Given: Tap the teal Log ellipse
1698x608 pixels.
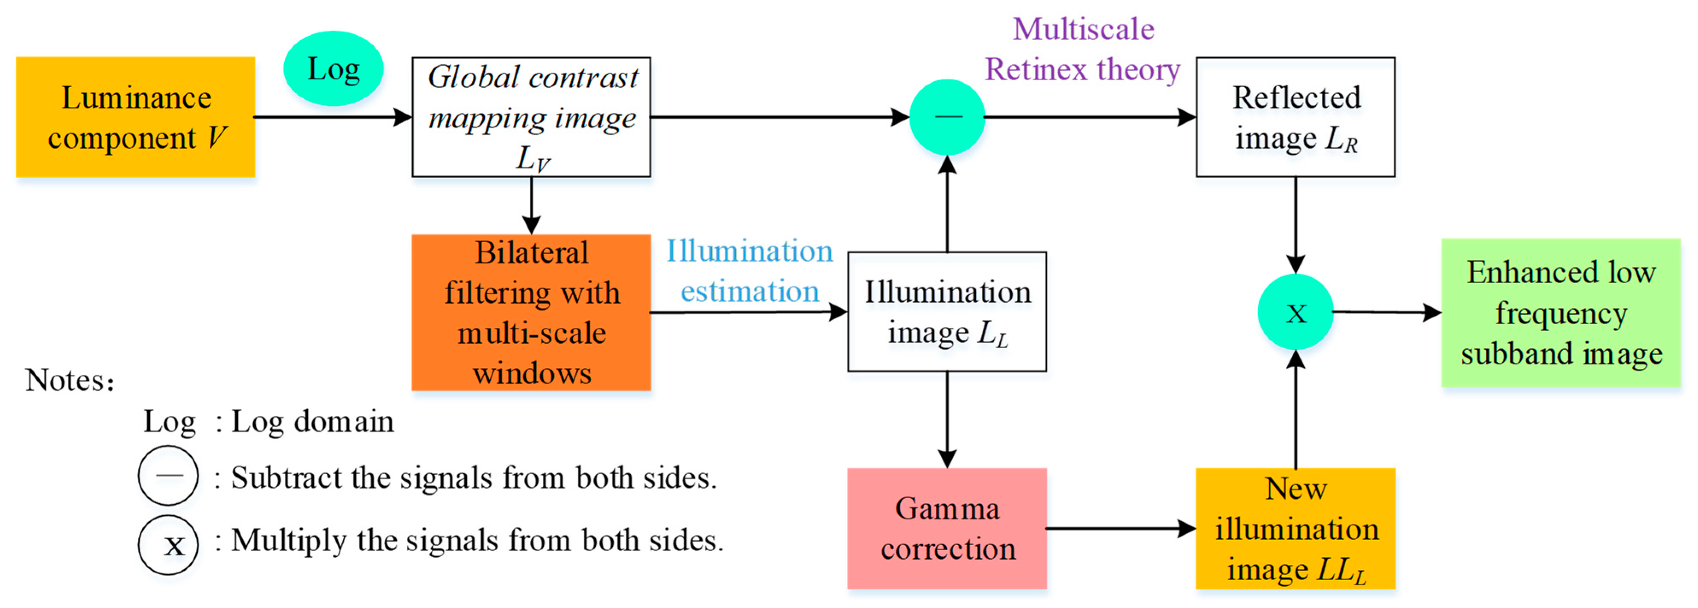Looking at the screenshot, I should coord(334,69).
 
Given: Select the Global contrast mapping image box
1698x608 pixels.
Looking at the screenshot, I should coord(531,117).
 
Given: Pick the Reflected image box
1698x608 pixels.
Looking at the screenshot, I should coord(1295,117).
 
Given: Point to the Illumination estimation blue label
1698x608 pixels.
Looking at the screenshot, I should coord(749,271).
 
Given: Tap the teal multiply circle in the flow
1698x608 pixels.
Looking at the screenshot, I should coord(1295,312).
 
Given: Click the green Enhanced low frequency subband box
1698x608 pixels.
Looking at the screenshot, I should coord(1561,313).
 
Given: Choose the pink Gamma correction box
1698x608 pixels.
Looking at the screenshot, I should coord(947,528).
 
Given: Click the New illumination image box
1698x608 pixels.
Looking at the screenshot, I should coord(1295,528).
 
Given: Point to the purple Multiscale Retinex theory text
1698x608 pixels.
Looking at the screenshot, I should coord(1083,50).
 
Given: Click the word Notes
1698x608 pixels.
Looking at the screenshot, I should coord(69,381).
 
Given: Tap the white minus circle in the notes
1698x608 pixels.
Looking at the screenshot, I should coord(168,476).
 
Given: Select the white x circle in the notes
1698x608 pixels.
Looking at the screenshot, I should coord(168,545).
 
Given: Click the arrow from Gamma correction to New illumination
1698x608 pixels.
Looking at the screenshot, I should coord(1121,528).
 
